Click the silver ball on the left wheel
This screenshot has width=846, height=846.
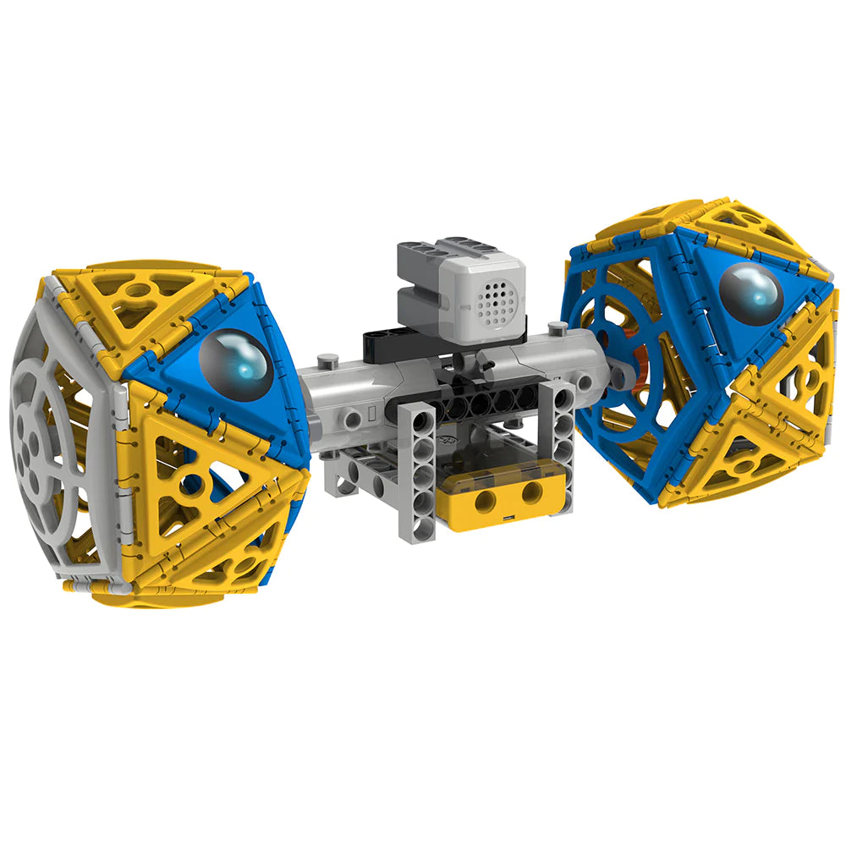coord(235,362)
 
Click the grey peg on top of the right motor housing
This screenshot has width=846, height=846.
coord(556,326)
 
